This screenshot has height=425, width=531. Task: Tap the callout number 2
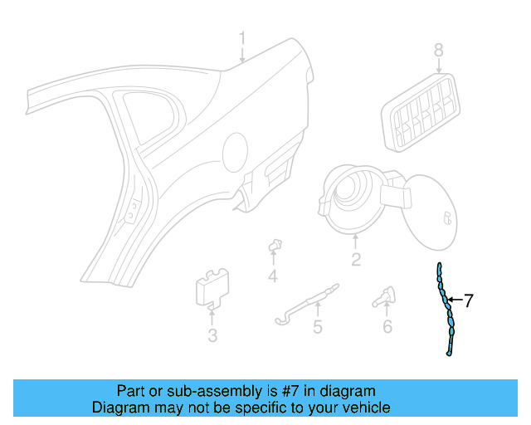355,261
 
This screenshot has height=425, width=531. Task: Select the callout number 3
212,335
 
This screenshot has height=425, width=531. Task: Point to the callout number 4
272,276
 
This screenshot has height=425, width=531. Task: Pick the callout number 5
317,327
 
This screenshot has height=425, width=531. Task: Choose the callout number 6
387,326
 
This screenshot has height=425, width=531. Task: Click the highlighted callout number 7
469,300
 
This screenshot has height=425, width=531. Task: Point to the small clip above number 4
273,246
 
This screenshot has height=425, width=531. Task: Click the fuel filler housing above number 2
353,198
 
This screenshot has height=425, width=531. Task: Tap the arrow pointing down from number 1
242,56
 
